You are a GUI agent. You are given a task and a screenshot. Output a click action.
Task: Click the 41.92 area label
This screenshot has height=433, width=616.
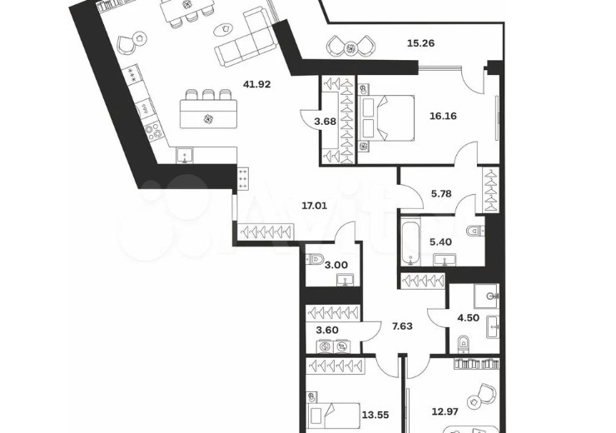coord(257,84)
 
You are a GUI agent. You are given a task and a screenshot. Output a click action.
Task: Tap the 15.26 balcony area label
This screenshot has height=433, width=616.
coord(420,43)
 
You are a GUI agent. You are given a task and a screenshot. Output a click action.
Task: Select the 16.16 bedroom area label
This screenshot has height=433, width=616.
coord(443,116)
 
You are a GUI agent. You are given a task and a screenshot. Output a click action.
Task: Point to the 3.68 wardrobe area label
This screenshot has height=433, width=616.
coord(325,122)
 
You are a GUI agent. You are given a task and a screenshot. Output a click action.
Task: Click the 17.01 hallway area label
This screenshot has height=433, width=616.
coord(315,205)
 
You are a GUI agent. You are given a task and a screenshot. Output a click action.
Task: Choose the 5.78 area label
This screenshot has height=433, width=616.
coord(441,194)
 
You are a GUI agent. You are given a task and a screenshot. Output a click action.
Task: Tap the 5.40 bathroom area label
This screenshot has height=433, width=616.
coord(440,242)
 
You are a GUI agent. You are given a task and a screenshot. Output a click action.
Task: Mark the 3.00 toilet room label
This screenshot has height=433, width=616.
coord(337,266)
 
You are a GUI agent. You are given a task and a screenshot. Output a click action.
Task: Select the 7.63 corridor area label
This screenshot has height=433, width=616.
coord(403,326)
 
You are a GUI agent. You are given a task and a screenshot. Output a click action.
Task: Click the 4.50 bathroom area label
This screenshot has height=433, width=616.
coord(469,317)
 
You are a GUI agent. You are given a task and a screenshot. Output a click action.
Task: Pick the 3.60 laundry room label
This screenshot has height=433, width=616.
coord(327,330)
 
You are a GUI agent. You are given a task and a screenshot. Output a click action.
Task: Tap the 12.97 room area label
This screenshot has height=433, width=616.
coord(445,412)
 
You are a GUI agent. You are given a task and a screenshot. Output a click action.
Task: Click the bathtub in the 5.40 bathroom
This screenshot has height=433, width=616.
coord(411,244)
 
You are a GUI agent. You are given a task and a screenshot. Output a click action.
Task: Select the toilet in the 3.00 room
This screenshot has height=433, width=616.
coord(314,259)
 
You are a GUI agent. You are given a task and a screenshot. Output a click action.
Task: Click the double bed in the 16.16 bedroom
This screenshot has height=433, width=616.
coord(387,117)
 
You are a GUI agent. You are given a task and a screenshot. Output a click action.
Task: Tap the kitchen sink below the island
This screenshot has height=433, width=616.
coord(184,155)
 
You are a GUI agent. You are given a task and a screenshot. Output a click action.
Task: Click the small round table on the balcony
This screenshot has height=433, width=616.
coord(350,48)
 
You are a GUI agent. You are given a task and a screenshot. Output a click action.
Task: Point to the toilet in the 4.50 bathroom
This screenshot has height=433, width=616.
coord(464,344)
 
